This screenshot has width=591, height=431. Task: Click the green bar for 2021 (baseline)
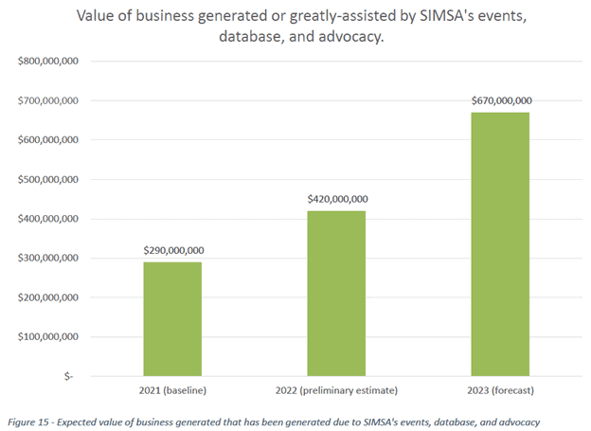172,318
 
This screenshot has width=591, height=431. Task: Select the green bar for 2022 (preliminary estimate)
336,293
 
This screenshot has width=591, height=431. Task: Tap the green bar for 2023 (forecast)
500,243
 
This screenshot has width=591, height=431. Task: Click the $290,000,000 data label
172,250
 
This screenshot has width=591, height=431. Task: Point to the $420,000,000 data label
336,199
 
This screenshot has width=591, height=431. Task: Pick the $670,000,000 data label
500,100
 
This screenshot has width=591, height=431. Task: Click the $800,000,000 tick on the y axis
47,62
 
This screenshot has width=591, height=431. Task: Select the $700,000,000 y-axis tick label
47,100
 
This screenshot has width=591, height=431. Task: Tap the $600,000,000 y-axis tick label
47,140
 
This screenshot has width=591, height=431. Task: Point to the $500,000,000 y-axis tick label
47,179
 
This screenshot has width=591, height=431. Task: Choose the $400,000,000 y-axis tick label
47,219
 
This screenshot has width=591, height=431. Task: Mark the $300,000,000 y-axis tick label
47,258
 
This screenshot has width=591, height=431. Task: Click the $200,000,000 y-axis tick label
47,297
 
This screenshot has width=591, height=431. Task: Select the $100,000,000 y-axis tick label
47,336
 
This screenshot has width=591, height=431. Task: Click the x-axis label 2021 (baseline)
172,389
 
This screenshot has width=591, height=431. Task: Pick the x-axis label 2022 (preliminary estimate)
336,389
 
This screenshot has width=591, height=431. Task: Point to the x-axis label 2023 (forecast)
500,389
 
